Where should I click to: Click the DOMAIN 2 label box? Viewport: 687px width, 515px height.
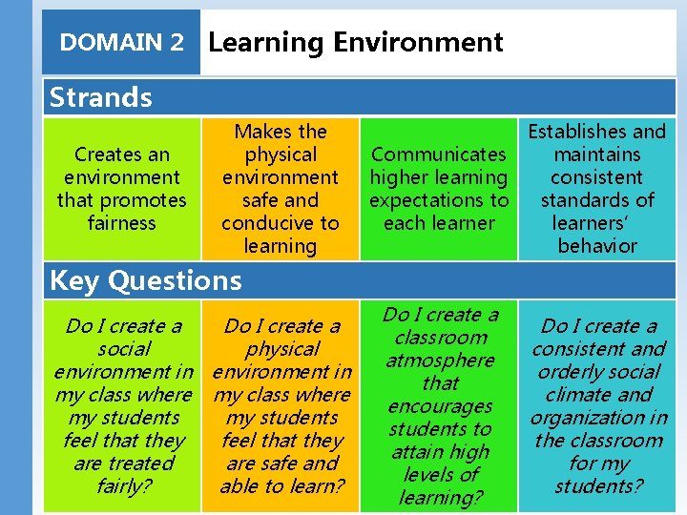click(121, 43)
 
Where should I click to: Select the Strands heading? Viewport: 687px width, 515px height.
click(100, 97)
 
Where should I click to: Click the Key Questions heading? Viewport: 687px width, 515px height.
click(145, 280)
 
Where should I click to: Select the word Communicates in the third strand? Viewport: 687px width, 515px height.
click(439, 154)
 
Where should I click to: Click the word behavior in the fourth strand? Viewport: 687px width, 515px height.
click(597, 246)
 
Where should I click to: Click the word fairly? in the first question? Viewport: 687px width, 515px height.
click(123, 486)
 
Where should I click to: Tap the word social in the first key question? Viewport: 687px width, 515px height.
click(123, 349)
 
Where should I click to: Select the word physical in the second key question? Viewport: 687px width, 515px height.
click(281, 349)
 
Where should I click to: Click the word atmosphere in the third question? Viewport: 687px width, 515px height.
click(440, 360)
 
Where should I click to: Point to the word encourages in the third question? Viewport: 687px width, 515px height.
click(440, 406)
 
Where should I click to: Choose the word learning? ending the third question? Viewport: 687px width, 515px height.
click(440, 498)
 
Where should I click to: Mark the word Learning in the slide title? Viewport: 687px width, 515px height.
click(266, 43)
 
